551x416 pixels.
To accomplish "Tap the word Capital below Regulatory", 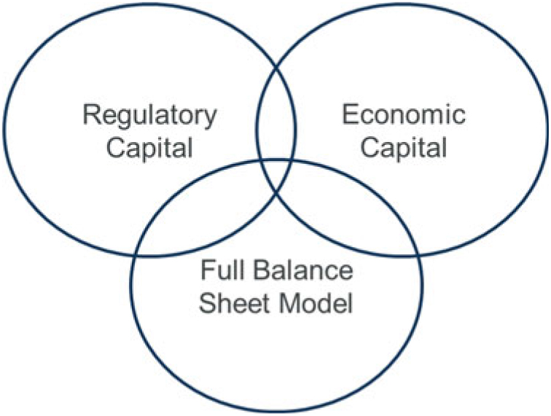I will [149, 149].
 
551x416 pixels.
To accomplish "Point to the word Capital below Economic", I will [402, 149].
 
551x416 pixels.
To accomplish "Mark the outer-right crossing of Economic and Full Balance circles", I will [417, 254].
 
